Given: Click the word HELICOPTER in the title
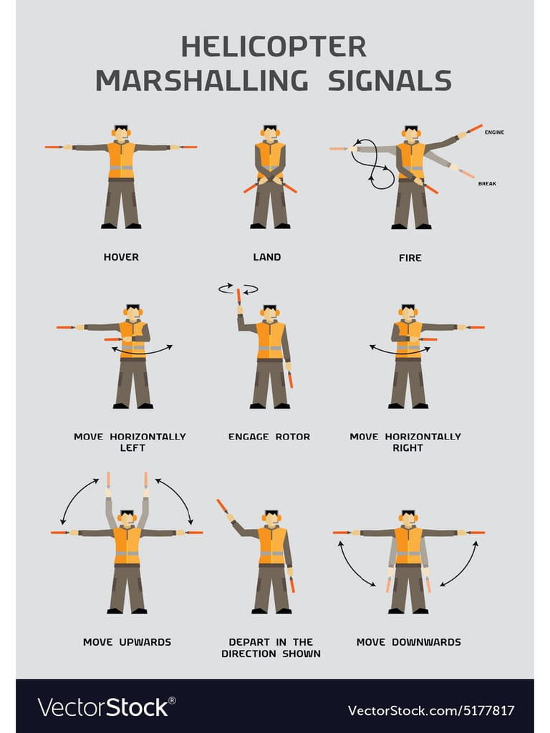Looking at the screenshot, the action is tap(274, 47).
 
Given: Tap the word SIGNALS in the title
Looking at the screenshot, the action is tap(390, 80).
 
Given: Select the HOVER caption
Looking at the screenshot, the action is tap(121, 257).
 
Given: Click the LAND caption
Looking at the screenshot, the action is tap(267, 257).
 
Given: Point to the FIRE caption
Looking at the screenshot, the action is tap(410, 258).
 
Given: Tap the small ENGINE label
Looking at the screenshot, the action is tap(494, 132).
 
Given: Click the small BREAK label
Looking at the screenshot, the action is tap(487, 184).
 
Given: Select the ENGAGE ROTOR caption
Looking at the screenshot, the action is tap(269, 437).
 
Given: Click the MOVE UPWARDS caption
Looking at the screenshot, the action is tap(127, 642).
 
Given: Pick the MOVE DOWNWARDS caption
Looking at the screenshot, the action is tap(409, 642).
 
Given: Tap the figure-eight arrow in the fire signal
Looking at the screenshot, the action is tap(372, 165).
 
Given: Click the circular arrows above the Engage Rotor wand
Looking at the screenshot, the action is tap(238, 289).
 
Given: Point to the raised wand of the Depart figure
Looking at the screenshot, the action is tap(223, 506).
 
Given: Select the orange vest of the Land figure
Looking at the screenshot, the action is tap(270, 159).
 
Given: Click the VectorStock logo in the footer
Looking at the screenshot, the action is tap(107, 707).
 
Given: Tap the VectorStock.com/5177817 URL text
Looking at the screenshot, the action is tap(430, 711).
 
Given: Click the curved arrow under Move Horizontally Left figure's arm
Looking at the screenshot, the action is tap(142, 349).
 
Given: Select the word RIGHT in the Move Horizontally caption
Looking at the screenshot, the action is tap(407, 448).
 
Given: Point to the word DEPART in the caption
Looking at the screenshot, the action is tap(249, 642).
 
